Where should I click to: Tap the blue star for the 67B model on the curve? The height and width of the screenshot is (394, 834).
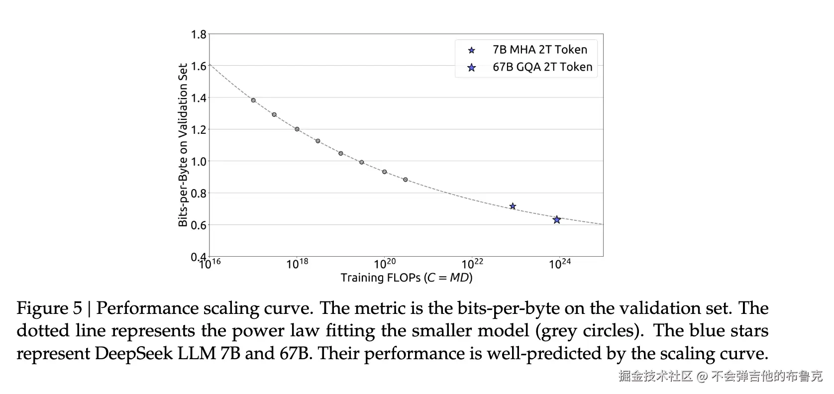click(557, 219)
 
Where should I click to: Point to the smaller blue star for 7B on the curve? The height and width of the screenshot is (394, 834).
click(513, 206)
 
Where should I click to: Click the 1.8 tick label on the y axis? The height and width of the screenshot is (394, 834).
click(199, 34)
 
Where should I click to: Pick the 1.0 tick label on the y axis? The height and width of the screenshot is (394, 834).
click(199, 162)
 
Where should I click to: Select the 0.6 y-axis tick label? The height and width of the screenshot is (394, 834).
click(199, 225)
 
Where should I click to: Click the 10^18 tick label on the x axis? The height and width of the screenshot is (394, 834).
click(297, 263)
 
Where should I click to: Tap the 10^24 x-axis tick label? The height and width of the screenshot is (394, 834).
click(560, 263)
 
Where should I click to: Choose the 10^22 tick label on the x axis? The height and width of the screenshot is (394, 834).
click(472, 263)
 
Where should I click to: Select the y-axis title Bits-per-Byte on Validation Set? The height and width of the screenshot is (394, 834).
click(183, 145)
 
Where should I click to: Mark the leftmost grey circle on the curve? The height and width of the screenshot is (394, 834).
click(253, 100)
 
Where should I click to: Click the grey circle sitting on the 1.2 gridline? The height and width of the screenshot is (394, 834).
click(297, 129)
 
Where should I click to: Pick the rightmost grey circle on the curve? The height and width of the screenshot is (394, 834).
click(406, 180)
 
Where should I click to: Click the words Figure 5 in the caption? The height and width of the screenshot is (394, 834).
click(49, 308)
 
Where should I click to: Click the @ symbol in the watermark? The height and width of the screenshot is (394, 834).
click(702, 376)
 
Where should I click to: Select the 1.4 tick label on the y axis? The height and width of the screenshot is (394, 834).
click(199, 98)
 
